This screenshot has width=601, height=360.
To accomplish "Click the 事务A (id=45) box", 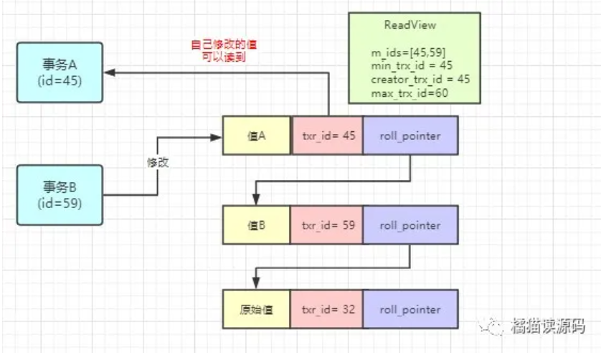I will tap(60, 72).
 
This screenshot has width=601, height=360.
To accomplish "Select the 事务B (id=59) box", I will tap(60, 194).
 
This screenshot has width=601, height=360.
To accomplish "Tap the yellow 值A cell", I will tap(257, 135).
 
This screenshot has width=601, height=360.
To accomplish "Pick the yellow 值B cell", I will tap(256, 225).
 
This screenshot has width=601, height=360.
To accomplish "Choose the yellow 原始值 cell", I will tap(256, 310).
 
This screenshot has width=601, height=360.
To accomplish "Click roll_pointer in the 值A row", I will tap(410, 135).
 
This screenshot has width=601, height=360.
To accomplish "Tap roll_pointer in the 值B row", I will tap(410, 225).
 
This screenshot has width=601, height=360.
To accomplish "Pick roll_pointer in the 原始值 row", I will tap(410, 310).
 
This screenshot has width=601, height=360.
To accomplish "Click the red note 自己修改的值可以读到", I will tap(224, 50).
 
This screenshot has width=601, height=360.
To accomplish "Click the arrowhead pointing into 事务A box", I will tap(109, 72).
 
